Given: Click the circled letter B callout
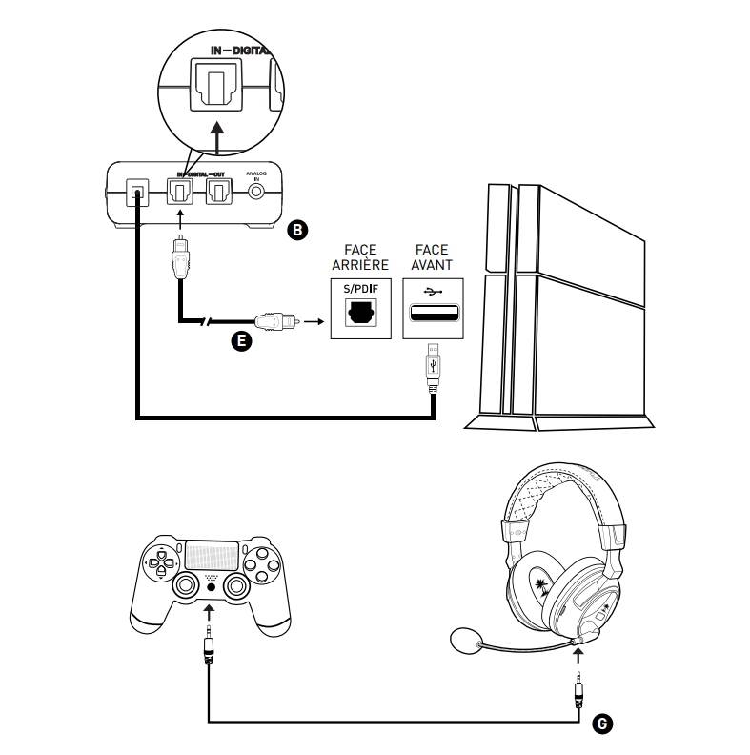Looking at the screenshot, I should (x=297, y=228).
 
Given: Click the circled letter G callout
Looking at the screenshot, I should (x=601, y=724).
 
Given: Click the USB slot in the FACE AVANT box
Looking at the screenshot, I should (x=434, y=312).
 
